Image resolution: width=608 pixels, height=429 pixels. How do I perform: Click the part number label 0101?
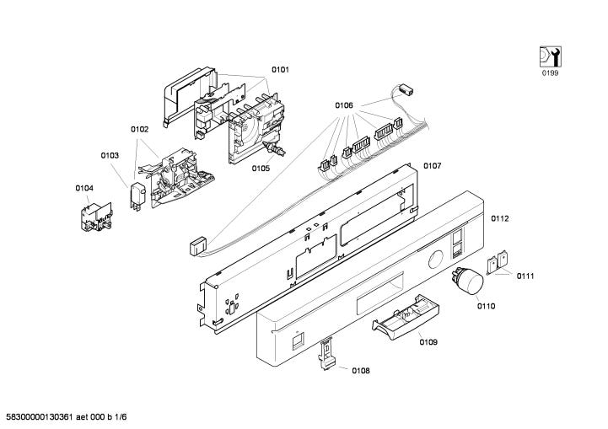coord(280,70)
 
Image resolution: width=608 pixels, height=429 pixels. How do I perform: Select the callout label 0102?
coord(139,129)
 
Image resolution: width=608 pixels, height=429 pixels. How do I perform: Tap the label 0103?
coord(110,155)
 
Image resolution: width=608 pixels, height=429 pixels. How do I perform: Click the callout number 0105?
coord(261,168)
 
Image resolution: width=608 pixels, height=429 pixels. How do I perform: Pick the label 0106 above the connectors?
coord(343,105)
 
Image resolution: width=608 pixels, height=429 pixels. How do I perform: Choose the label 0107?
coord(433,165)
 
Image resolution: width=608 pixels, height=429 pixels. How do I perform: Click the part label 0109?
coord(428,342)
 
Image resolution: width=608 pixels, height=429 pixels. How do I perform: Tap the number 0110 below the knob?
coord(486,306)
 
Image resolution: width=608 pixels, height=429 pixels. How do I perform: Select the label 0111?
coord(526,276)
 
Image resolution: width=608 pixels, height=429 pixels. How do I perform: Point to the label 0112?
coord(500,218)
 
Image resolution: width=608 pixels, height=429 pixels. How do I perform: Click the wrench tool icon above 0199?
coord(549,57)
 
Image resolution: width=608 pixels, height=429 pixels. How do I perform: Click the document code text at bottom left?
coord(67,418)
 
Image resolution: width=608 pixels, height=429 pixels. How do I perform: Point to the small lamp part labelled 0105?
coord(275,151)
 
